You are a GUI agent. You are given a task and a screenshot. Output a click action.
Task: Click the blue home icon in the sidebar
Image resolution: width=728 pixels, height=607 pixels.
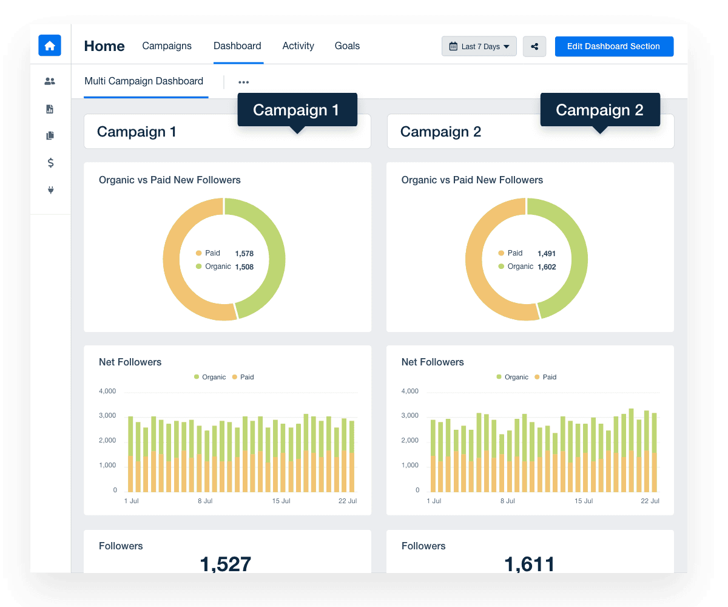point(50,46)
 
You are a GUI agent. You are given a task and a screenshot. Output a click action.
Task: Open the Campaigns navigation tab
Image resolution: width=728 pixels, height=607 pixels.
point(167,46)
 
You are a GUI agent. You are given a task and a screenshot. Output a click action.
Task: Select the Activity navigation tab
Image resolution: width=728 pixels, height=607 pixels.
point(298,46)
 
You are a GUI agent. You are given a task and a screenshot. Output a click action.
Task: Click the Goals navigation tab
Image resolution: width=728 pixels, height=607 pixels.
point(347,46)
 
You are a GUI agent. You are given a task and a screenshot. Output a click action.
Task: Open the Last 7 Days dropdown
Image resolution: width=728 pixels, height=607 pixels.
point(479,47)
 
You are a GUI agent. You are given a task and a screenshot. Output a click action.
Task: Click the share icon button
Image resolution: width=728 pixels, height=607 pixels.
point(534,47)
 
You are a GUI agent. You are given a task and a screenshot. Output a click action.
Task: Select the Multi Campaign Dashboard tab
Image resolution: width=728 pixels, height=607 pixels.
point(144,81)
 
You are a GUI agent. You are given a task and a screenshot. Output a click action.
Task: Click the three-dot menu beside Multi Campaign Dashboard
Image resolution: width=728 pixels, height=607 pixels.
point(243,83)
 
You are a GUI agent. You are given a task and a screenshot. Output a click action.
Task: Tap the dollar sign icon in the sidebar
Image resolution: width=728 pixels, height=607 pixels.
point(50,163)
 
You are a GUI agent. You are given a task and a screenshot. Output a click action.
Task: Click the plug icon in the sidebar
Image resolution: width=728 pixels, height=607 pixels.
point(50,190)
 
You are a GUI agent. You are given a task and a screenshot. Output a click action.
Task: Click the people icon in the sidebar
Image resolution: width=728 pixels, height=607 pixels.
point(50,81)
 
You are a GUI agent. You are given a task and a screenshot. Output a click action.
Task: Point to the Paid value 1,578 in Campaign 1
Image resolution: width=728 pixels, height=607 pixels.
point(244,254)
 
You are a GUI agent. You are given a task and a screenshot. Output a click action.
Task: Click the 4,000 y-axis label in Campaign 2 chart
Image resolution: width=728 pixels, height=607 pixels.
point(410,392)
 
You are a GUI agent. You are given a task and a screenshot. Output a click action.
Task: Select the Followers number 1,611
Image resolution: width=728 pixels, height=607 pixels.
point(529,565)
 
